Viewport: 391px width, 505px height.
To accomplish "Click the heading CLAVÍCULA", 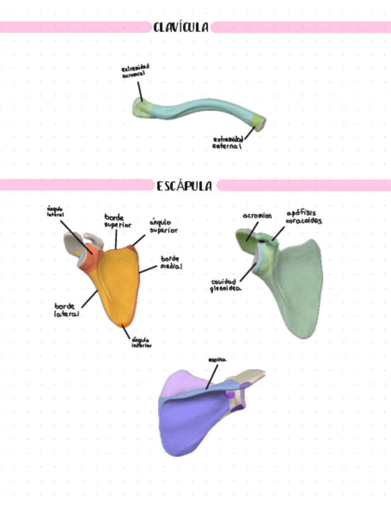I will click(x=181, y=27).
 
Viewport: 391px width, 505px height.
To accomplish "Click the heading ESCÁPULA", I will click(x=185, y=186).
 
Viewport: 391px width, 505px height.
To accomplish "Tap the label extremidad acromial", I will click(x=136, y=71).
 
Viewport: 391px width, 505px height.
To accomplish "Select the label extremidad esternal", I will click(x=228, y=142).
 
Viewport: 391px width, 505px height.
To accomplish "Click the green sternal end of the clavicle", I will click(x=257, y=122).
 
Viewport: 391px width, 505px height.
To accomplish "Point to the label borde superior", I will click(x=114, y=221).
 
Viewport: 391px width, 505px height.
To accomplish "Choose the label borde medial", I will click(x=171, y=263).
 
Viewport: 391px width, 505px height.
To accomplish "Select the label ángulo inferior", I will click(x=141, y=342).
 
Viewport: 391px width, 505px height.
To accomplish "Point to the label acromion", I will click(x=257, y=216).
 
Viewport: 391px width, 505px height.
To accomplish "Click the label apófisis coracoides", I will click(x=305, y=216).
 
